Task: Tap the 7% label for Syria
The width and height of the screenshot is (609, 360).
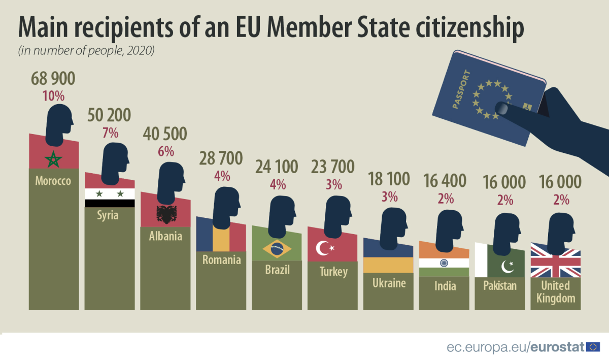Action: point(110,134)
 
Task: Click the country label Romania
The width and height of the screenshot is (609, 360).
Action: point(221,260)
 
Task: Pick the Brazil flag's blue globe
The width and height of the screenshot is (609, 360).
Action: point(277,249)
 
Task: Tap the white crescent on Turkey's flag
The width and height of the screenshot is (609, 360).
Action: point(323,248)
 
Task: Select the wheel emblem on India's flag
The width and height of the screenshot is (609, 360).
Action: point(444,263)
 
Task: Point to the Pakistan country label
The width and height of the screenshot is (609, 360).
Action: point(499,285)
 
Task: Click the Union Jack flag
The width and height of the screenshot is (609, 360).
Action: point(555,260)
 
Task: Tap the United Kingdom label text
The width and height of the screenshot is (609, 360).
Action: point(555,291)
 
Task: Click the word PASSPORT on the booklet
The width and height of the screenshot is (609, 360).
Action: point(461,90)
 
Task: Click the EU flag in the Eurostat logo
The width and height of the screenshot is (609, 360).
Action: point(593,347)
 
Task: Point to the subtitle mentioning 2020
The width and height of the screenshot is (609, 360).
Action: point(86,51)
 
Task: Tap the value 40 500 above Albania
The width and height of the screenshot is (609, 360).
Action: point(165,134)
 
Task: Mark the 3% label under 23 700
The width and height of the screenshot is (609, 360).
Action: point(333,185)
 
